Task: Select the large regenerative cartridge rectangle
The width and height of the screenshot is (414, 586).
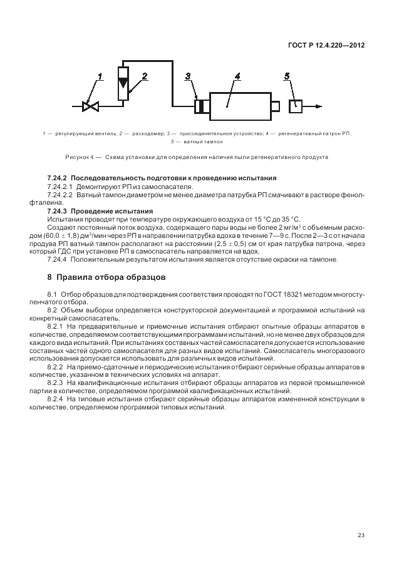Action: click(239, 106)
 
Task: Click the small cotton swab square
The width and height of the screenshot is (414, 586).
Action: click(295, 106)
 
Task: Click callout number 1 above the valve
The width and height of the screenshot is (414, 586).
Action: click(99, 77)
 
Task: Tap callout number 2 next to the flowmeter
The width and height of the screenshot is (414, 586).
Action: click(144, 76)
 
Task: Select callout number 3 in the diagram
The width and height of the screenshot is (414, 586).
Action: click(188, 76)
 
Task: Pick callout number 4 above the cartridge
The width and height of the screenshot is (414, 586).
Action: click(237, 76)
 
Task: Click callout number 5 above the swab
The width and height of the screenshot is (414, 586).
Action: click(286, 76)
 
